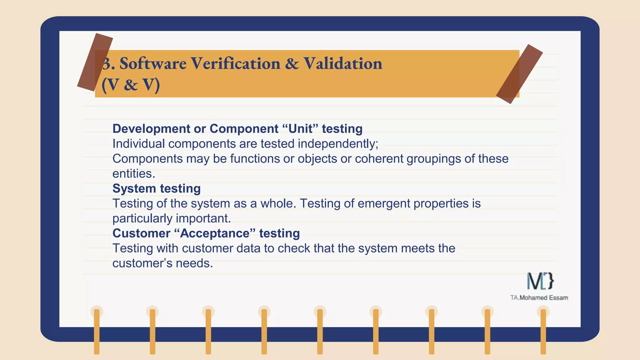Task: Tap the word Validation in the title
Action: (x=343, y=64)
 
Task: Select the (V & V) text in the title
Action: (x=131, y=85)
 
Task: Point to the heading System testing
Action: (x=156, y=188)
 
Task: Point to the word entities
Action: (x=133, y=174)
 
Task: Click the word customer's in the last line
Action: (x=142, y=263)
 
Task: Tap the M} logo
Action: (x=540, y=281)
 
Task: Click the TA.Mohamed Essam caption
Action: (x=539, y=298)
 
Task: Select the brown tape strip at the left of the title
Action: (x=95, y=62)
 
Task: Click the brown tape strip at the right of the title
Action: (x=519, y=74)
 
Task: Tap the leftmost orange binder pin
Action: (x=97, y=331)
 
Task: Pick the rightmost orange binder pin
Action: (x=543, y=331)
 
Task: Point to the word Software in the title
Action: (x=153, y=64)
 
